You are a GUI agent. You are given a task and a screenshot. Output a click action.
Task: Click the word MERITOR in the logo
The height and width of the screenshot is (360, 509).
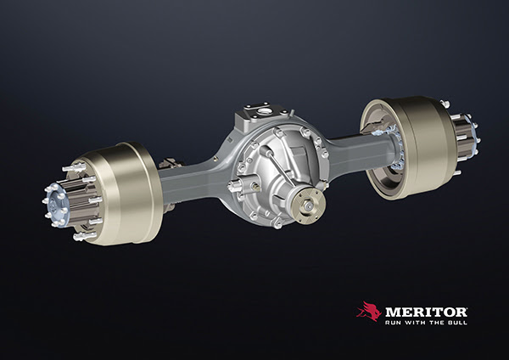pyautogui.click(x=426, y=312)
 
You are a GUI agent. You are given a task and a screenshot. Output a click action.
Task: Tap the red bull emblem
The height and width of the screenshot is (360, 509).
pyautogui.click(x=369, y=311)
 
